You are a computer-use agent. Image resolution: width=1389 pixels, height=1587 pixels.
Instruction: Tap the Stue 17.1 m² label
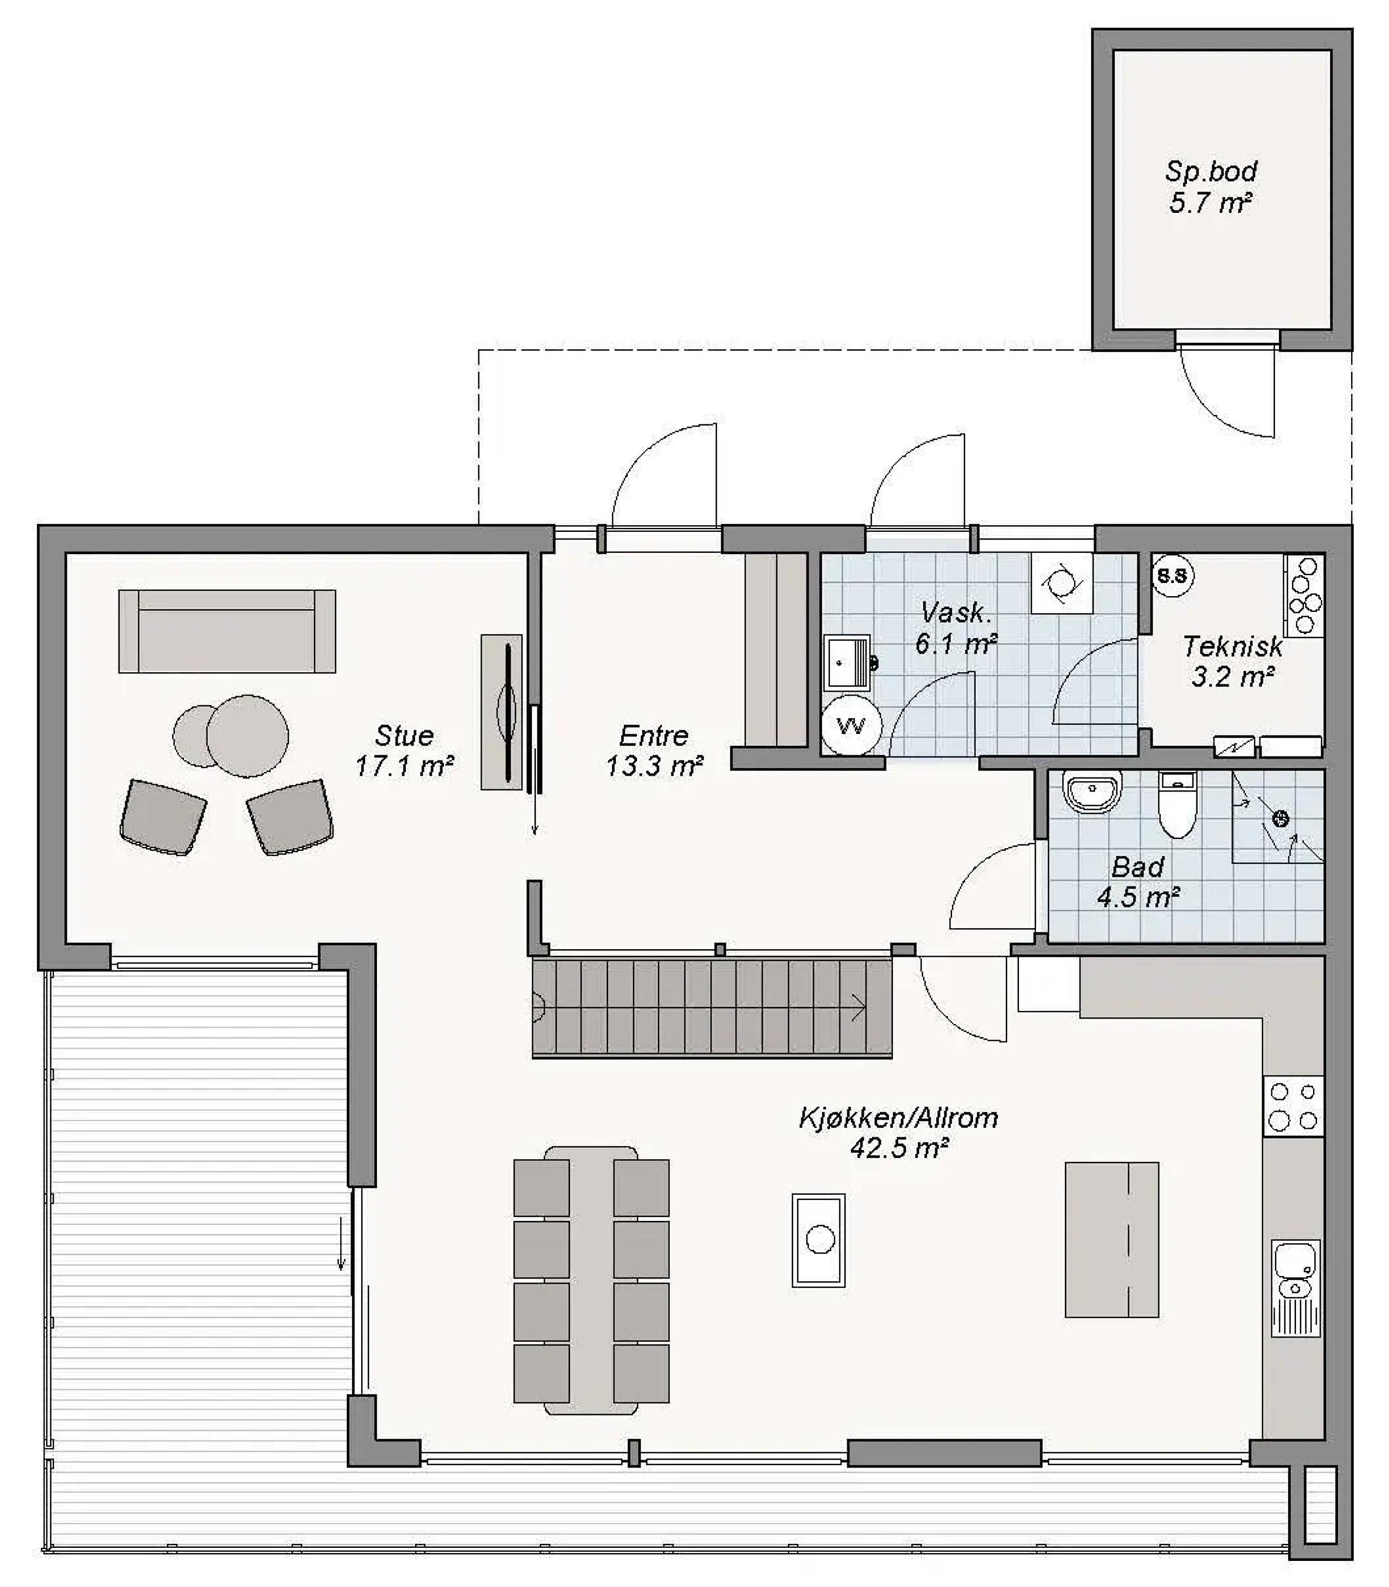pyautogui.click(x=404, y=750)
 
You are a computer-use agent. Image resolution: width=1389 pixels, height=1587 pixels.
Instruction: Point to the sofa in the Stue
pyautogui.click(x=227, y=631)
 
